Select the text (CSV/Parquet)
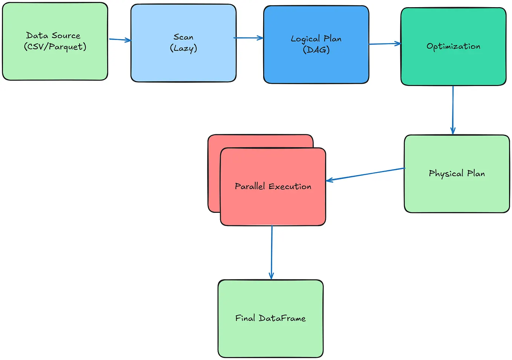click(55, 47)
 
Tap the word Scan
click(183, 37)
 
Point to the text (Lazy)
click(183, 48)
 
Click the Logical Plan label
click(316, 38)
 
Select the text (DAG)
click(316, 50)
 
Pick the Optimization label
click(453, 46)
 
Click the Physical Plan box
click(457, 192)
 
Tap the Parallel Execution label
click(273, 186)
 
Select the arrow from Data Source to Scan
click(120, 39)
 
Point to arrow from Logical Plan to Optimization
click(385, 44)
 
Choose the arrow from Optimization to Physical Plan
click(453, 109)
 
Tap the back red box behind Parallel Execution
click(214, 174)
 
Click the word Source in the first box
click(66, 36)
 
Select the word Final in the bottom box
click(245, 318)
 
